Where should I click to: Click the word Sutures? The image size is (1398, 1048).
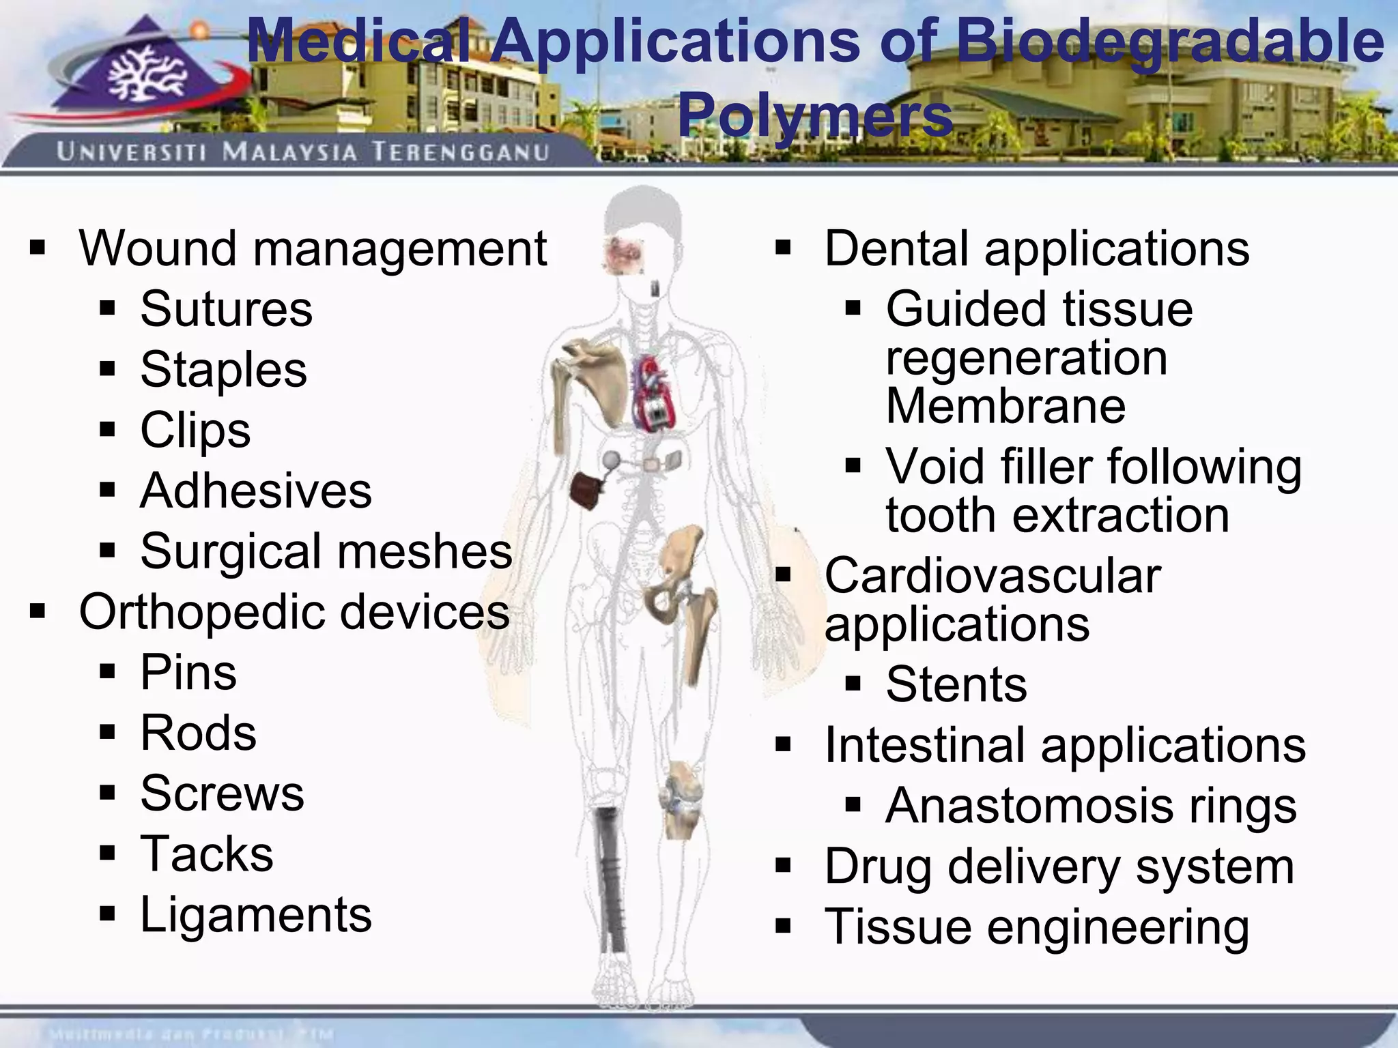pos(226,309)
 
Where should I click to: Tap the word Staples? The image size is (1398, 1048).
pos(223,370)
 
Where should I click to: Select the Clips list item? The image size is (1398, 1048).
pos(195,431)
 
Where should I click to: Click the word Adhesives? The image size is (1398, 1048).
pos(256,491)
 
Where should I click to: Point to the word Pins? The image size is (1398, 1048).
pos(188,673)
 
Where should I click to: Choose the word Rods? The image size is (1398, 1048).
pos(198,733)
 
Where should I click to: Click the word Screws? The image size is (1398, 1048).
pos(222,794)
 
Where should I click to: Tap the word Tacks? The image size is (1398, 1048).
pos(206,854)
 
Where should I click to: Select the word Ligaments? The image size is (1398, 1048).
pos(256,915)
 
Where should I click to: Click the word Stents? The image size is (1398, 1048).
pos(956,684)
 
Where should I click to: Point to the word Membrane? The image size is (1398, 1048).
pos(1005,407)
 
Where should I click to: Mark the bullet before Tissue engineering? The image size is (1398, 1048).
pos(783,926)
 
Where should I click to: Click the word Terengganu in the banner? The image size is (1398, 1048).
pos(460,151)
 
